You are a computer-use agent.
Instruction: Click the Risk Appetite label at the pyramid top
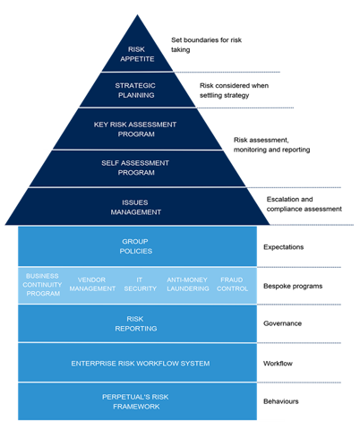(x=136, y=54)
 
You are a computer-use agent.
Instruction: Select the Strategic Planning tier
(x=136, y=90)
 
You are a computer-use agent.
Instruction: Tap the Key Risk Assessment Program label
(x=136, y=129)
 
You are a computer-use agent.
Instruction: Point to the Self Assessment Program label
(x=136, y=168)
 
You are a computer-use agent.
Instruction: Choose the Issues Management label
(x=136, y=207)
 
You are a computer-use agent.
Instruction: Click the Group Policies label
(x=136, y=246)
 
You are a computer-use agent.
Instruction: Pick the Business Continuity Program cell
(x=43, y=284)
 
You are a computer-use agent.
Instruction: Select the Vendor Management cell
(x=92, y=284)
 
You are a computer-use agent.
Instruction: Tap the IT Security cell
(x=140, y=284)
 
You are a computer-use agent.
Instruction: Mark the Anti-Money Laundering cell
(x=188, y=284)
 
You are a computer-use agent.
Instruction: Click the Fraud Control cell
(x=232, y=284)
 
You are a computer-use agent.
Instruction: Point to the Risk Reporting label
(x=136, y=323)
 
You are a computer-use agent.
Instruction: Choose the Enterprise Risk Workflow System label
(x=141, y=363)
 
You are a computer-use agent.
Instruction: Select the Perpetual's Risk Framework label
(x=136, y=401)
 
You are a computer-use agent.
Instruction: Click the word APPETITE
(x=136, y=59)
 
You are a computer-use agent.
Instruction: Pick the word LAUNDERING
(x=188, y=288)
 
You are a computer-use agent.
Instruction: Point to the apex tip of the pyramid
(x=137, y=13)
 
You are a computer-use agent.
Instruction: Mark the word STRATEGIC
(x=136, y=86)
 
